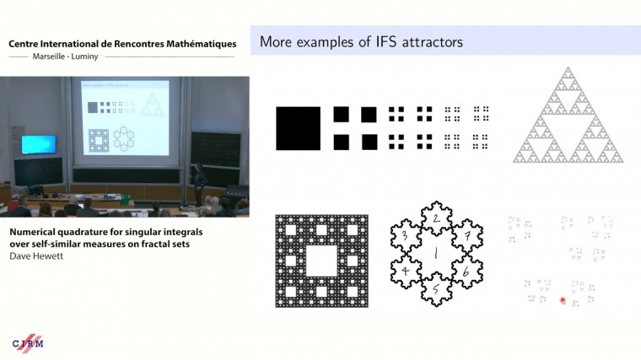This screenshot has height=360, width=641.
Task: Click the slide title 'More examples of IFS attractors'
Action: pos(361,41)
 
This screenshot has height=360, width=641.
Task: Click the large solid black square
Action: pos(298,128)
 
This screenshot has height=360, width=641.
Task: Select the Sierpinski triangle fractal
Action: pos(568,117)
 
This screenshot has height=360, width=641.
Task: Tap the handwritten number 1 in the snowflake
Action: pos(434,252)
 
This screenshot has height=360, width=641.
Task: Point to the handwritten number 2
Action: pos(434,219)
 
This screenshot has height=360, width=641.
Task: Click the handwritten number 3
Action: pos(406,235)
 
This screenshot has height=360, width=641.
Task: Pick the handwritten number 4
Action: pos(407,271)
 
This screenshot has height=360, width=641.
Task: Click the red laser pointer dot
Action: pos(563,299)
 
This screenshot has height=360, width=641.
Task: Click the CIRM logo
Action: pos(28,342)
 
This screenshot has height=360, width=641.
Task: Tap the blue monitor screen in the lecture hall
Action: pos(39,144)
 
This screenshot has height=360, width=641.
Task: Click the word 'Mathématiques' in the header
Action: pos(193,43)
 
